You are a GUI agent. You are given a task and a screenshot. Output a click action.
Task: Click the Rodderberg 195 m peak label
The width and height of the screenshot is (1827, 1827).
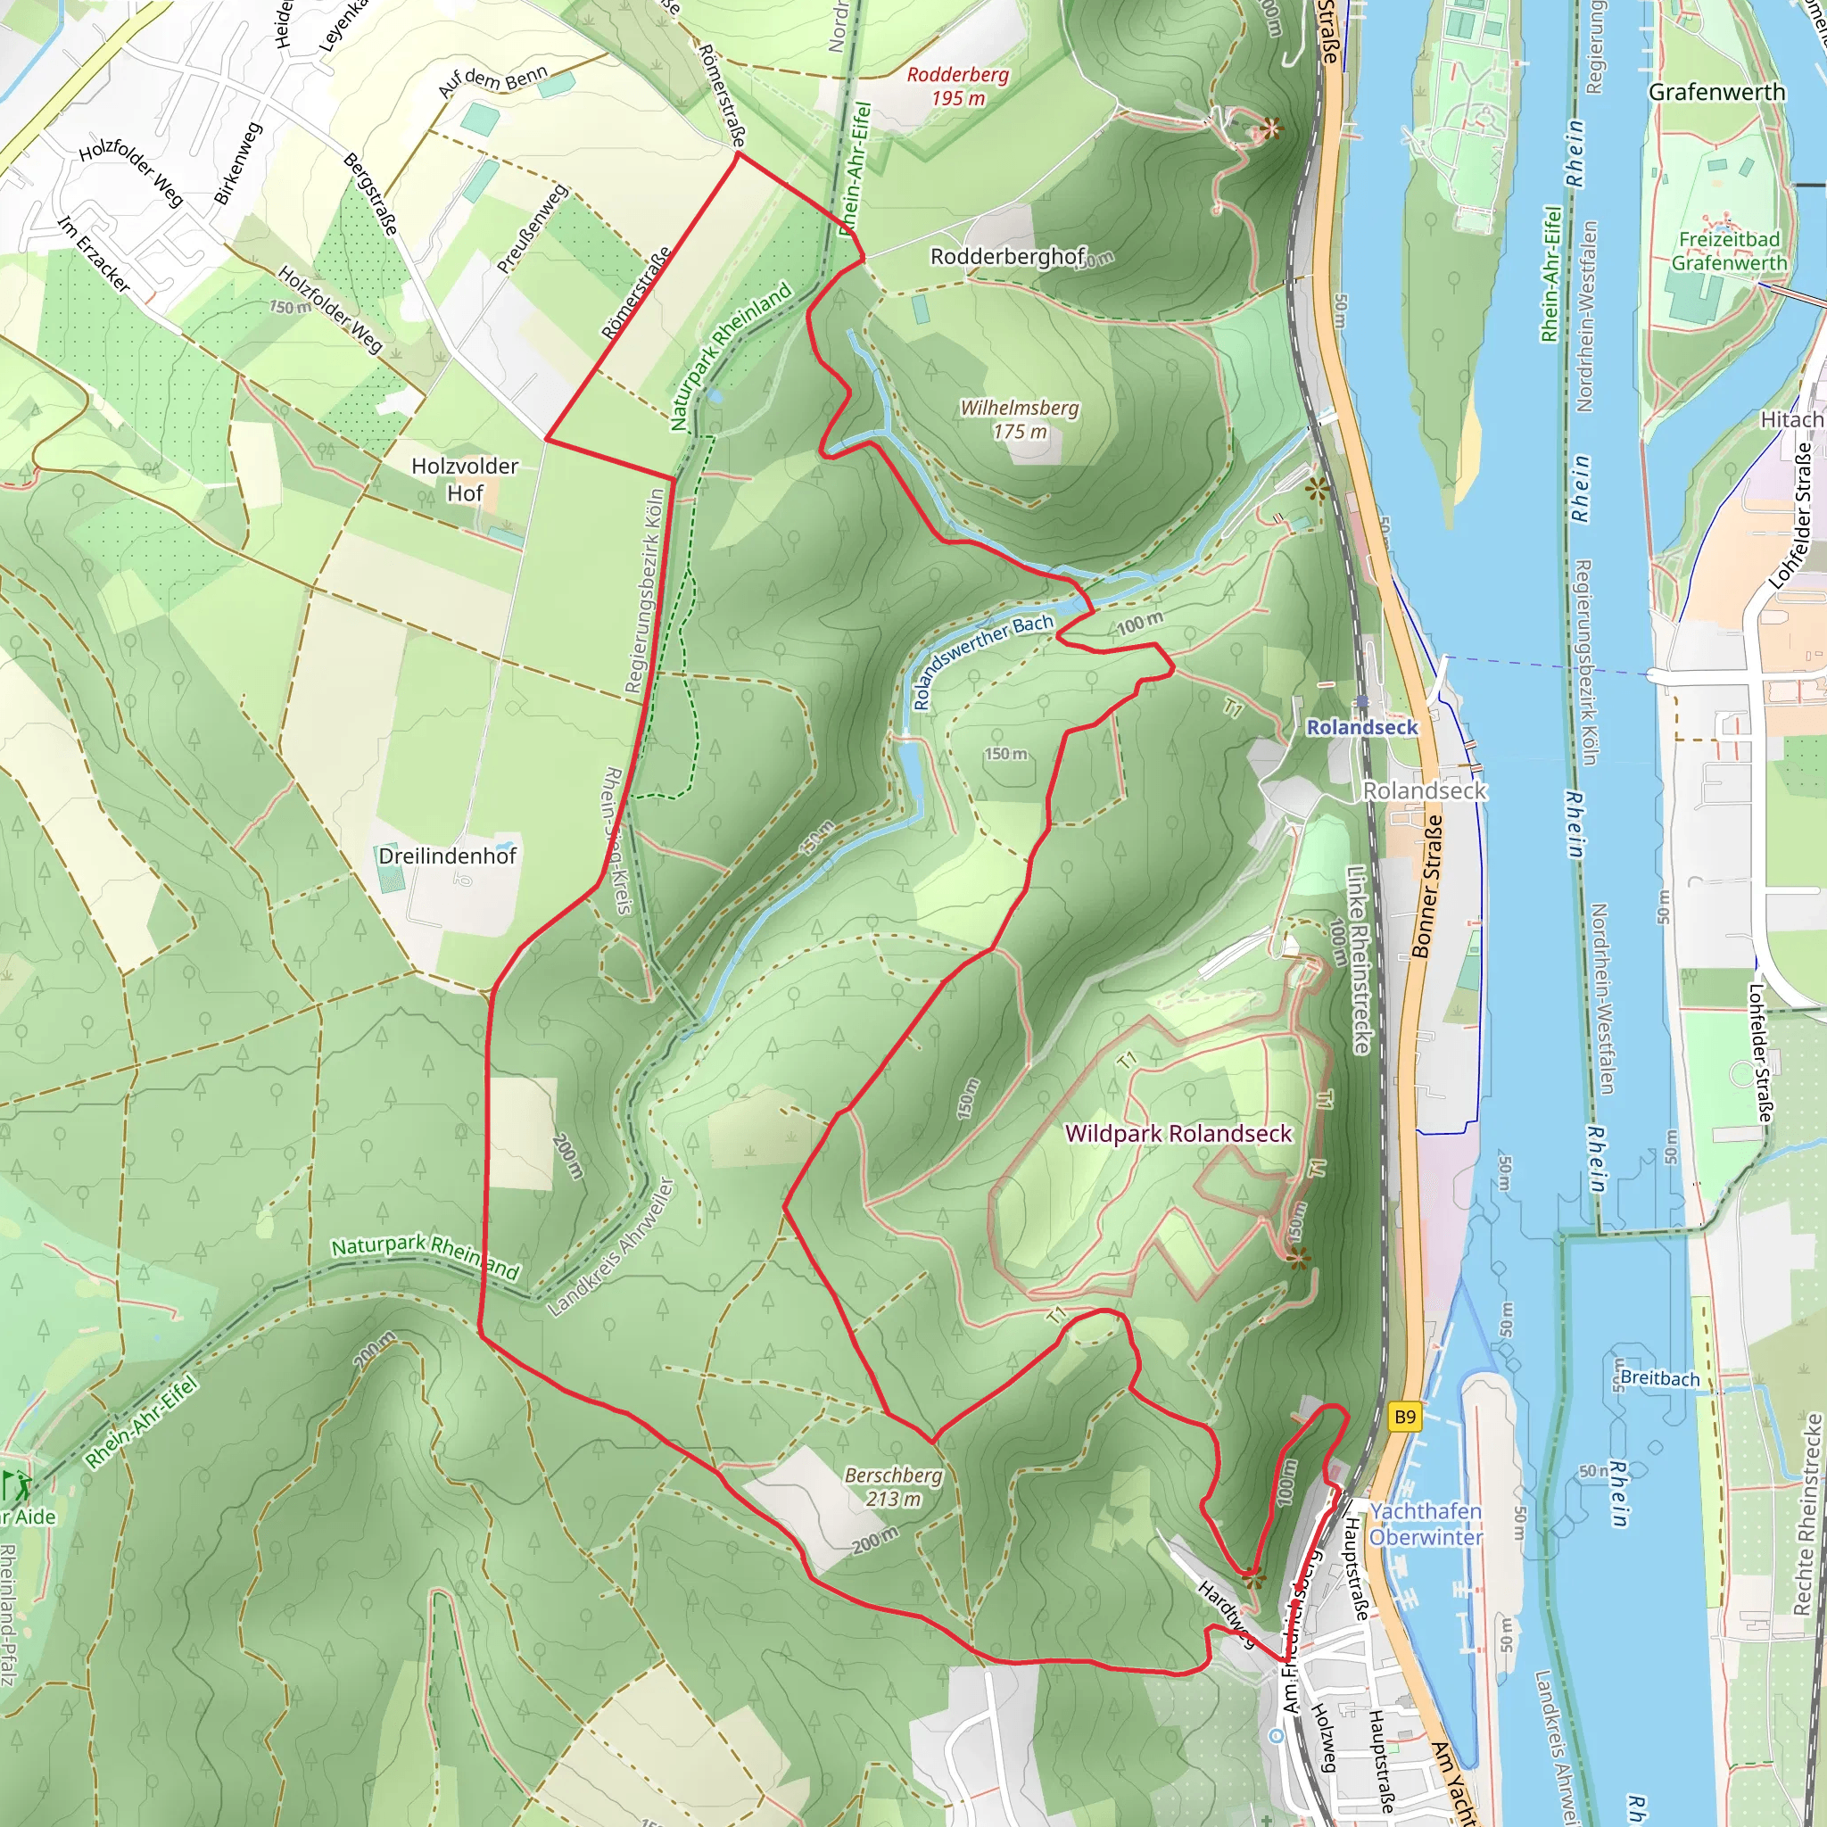pos(958,86)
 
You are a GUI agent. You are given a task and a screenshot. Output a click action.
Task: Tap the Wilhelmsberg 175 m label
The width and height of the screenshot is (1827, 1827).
pos(1020,419)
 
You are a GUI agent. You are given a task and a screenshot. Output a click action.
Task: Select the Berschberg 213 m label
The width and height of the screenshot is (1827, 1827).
pos(893,1486)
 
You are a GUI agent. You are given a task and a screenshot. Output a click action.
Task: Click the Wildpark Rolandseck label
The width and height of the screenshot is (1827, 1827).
pos(1178,1133)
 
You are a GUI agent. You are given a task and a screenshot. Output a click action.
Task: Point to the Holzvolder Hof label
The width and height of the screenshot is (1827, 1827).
pos(466,479)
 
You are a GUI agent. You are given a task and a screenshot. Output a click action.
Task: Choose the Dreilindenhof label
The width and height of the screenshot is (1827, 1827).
pos(447,856)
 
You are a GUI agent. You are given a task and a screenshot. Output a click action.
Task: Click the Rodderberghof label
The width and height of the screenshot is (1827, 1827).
pos(1008,256)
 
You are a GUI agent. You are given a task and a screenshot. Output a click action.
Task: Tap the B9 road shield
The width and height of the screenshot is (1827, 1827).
pos(1404,1417)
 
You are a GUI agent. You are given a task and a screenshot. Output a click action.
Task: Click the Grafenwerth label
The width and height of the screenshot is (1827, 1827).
pos(1716,92)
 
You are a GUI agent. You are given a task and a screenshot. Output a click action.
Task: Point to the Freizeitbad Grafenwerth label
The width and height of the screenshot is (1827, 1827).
pos(1729,251)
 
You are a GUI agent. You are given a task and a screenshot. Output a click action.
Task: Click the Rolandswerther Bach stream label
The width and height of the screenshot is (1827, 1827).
pos(982,661)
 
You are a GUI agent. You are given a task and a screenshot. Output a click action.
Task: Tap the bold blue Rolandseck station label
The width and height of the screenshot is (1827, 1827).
pos(1361,727)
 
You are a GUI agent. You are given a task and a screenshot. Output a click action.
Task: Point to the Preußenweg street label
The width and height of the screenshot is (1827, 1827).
pos(532,229)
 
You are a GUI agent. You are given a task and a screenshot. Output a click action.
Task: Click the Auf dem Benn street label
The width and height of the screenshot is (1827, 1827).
pos(492,81)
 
